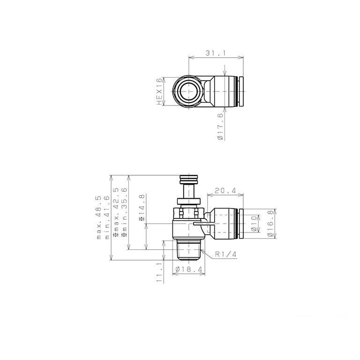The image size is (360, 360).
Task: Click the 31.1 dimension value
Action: [216, 53]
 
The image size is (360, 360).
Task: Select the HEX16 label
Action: [159, 91]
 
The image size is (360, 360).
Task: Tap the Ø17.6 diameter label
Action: [220, 127]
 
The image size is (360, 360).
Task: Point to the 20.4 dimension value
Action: [225, 190]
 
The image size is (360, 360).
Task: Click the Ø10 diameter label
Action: [254, 224]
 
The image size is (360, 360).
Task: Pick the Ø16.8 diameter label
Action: [270, 224]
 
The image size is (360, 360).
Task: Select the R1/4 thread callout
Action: [225, 254]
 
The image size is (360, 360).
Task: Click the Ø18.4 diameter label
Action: [189, 269]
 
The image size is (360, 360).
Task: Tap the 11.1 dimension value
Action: [159, 272]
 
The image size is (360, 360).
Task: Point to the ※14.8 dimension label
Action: [142, 208]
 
